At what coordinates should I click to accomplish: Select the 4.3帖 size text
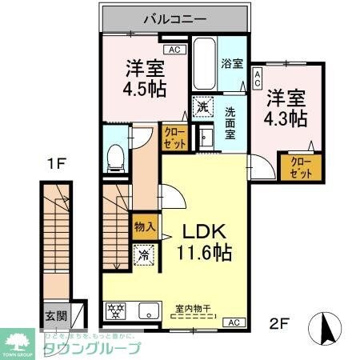click(287, 117)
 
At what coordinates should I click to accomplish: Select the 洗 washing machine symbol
click(202, 106)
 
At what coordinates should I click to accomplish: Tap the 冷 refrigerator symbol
click(145, 256)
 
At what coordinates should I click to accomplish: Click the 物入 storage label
click(144, 229)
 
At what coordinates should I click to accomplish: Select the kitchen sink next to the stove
click(150, 310)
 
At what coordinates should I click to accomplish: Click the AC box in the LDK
click(234, 322)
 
